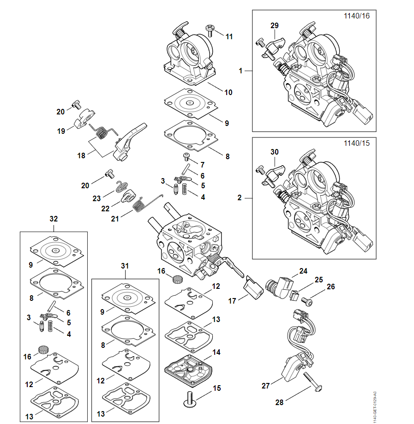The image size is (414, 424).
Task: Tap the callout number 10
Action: tap(228, 92)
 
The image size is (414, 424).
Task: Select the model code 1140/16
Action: tap(357, 16)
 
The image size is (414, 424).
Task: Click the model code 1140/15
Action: tap(357, 143)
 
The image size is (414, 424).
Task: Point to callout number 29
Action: tap(275, 26)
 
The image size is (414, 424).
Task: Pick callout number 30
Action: tap(275, 152)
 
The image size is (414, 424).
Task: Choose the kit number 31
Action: tap(125, 266)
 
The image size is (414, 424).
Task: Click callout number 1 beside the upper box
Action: tap(240, 71)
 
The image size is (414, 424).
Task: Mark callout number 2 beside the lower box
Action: tap(240, 198)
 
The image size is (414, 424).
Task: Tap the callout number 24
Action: tap(303, 271)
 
